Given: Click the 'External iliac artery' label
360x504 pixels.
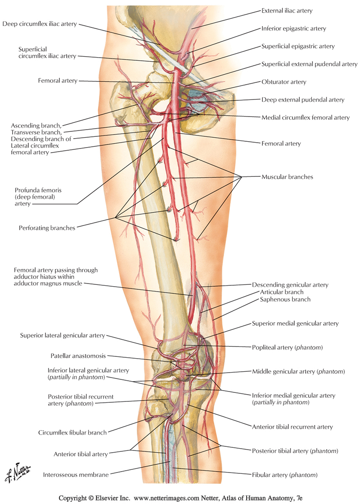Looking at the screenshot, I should [x=293, y=10].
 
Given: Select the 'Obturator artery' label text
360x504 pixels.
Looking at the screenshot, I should [x=284, y=82].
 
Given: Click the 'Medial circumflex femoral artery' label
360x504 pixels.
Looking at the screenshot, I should [x=306, y=117].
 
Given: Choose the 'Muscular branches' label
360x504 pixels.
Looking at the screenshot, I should [x=287, y=177].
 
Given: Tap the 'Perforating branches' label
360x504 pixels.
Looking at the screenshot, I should [x=47, y=228].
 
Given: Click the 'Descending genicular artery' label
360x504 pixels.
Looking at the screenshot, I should [x=290, y=285].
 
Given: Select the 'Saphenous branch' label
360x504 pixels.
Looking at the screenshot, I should [x=283, y=299].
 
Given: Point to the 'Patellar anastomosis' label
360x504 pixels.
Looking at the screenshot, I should [x=78, y=355].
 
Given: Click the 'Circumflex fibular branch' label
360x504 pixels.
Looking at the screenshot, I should [x=72, y=432].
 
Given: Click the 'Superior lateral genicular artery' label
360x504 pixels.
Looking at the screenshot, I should [x=62, y=335].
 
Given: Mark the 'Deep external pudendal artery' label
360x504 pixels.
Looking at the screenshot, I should [x=303, y=99].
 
